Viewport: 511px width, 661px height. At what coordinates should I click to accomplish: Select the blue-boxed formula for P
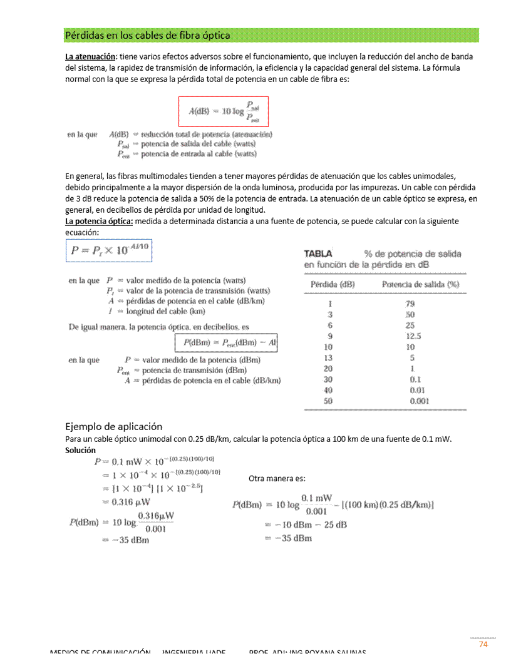[109, 252]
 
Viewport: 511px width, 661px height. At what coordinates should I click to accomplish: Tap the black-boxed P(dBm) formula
[226, 342]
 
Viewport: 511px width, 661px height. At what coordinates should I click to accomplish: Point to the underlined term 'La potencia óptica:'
[99, 222]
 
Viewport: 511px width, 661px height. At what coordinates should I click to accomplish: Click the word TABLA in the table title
[318, 254]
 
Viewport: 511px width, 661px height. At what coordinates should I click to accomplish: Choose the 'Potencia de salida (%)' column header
[420, 284]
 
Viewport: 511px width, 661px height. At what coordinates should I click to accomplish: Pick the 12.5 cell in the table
[413, 336]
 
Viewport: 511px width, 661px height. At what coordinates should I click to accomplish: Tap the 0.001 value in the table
[420, 401]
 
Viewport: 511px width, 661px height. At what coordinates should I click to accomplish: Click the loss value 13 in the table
[328, 358]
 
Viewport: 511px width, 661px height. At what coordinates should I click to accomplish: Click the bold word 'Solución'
[81, 450]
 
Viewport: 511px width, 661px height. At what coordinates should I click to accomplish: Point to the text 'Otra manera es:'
[277, 479]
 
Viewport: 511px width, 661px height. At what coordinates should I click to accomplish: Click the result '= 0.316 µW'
[126, 501]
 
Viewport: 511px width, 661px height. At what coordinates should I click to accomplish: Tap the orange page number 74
[483, 645]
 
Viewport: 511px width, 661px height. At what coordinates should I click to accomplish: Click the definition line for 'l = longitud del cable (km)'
[156, 311]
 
